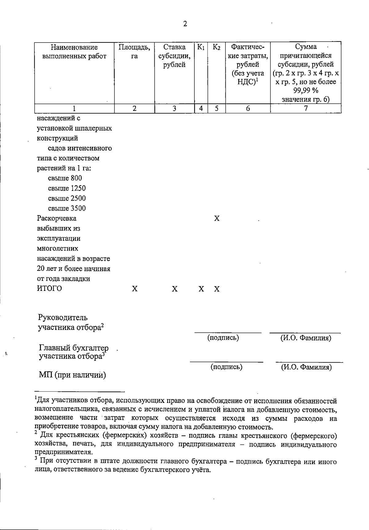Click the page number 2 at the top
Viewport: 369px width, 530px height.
(185, 24)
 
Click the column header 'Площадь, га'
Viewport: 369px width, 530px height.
(134, 52)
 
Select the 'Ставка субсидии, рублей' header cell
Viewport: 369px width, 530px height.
(174, 56)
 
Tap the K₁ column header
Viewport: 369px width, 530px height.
(201, 47)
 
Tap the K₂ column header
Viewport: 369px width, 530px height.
(216, 47)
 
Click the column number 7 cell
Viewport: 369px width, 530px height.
(306, 108)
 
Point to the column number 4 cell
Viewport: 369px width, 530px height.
(201, 108)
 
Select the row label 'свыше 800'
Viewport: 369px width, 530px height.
(65, 178)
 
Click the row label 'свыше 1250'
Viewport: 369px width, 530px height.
(67, 188)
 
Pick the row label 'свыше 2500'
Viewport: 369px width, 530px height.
(67, 198)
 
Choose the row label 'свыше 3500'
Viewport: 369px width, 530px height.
(67, 208)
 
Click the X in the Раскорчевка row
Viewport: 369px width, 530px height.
(217, 219)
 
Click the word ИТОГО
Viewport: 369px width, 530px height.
(50, 289)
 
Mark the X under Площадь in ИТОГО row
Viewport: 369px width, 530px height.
(135, 289)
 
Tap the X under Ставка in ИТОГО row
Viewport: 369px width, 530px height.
(175, 289)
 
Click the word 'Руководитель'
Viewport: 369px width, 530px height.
(63, 317)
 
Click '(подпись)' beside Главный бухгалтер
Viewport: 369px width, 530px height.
(226, 367)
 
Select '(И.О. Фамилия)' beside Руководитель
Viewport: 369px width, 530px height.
(306, 338)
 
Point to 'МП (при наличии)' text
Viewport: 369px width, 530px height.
(73, 375)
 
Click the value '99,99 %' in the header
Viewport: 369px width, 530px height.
(306, 90)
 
